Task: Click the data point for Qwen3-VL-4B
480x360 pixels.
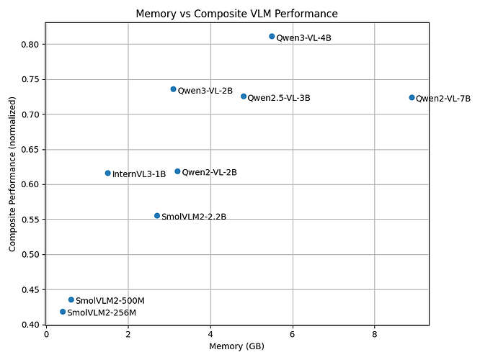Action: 272,37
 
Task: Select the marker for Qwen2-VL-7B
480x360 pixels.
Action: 412,98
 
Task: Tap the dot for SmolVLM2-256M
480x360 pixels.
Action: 63,312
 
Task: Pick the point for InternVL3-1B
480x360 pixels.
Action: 108,173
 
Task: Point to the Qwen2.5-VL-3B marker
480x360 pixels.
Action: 244,96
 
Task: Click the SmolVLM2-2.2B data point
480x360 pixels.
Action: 157,215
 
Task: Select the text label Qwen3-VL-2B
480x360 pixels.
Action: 205,91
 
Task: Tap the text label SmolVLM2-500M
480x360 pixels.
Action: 110,301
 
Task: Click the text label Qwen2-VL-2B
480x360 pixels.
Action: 210,173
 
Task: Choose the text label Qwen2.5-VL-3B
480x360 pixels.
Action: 279,98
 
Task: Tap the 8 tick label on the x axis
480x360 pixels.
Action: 374,334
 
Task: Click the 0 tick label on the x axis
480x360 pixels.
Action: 46,334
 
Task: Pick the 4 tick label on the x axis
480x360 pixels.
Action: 210,334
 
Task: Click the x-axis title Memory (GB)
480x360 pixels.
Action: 236,346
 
